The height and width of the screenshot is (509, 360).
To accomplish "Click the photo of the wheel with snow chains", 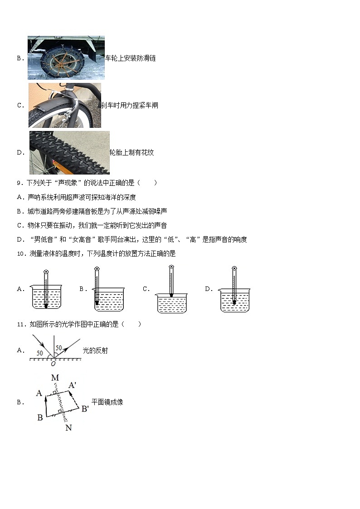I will [x=66, y=58].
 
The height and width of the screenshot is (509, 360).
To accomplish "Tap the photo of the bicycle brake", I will [x=64, y=105].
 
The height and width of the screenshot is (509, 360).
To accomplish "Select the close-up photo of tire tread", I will [x=69, y=153].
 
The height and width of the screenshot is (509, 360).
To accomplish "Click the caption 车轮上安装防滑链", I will [x=131, y=58].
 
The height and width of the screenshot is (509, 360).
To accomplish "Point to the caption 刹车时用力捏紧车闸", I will [x=129, y=105].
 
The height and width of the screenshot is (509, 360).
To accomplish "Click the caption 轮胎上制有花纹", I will [x=131, y=153].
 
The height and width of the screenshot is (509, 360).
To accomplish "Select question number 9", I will [x=19, y=183].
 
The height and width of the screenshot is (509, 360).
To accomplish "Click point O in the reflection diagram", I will [x=53, y=364].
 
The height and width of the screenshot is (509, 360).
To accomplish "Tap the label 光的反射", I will [x=95, y=350].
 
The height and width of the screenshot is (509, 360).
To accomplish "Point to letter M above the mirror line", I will [x=55, y=378].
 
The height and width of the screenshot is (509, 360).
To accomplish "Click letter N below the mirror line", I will [x=68, y=427].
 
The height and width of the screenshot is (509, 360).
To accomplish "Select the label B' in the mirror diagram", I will [x=85, y=409].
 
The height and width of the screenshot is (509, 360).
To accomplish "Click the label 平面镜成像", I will [x=107, y=402].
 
